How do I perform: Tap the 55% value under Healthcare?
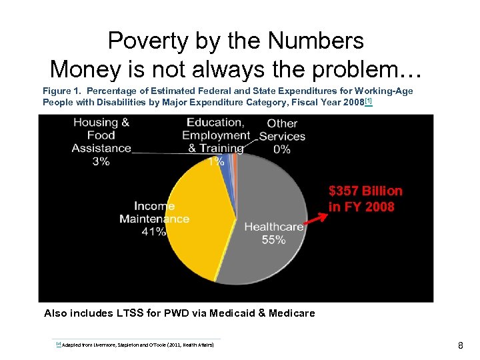click(273, 240)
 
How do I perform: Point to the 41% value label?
click(153, 232)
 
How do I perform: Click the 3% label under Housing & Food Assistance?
click(101, 161)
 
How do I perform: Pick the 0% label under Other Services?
click(282, 149)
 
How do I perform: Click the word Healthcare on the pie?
click(273, 227)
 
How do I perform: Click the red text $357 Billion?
click(365, 191)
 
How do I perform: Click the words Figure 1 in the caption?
click(61, 91)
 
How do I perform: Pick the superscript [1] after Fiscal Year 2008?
click(368, 101)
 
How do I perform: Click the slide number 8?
click(460, 345)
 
